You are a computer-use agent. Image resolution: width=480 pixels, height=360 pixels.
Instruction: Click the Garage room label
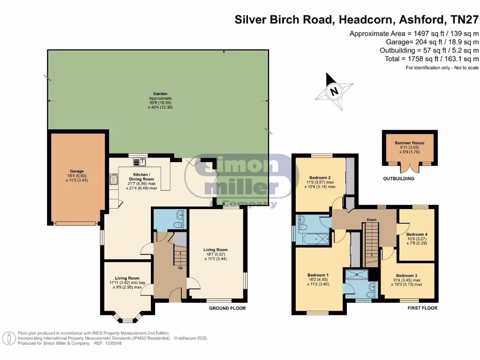tap(76, 172)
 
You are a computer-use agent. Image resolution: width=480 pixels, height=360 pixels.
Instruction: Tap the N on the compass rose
tap(334, 91)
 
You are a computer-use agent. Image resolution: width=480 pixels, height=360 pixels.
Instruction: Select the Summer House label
tap(409, 142)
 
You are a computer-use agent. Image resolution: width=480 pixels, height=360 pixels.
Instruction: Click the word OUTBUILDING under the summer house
tap(398, 179)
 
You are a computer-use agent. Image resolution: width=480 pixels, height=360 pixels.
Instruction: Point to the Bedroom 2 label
tap(320, 178)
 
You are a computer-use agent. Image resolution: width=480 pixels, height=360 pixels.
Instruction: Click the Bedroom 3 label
tap(406, 276)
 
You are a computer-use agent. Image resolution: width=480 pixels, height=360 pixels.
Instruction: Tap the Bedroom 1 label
tap(318, 275)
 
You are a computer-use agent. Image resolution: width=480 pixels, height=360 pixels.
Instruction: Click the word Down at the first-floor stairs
tap(371, 219)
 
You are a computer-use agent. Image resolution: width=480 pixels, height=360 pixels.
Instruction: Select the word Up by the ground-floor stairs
tap(180, 268)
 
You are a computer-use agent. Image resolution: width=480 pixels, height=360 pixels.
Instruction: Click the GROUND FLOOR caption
tap(227, 308)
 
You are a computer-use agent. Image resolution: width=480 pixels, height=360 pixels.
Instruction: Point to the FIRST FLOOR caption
tap(422, 308)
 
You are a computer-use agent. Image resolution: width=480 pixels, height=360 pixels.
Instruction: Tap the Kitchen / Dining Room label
tap(142, 177)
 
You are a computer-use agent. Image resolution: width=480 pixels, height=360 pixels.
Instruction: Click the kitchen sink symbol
tap(140, 162)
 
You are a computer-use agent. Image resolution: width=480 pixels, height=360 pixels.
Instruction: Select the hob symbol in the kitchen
tap(113, 179)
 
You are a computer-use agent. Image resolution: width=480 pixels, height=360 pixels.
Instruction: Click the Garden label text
tap(160, 94)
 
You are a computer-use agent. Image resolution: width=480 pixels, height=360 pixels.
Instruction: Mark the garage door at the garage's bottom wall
tap(76, 224)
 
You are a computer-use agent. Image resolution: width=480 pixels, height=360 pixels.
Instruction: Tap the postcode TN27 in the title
tap(465, 20)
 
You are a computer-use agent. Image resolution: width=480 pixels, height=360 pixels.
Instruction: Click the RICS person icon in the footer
tap(9, 338)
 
